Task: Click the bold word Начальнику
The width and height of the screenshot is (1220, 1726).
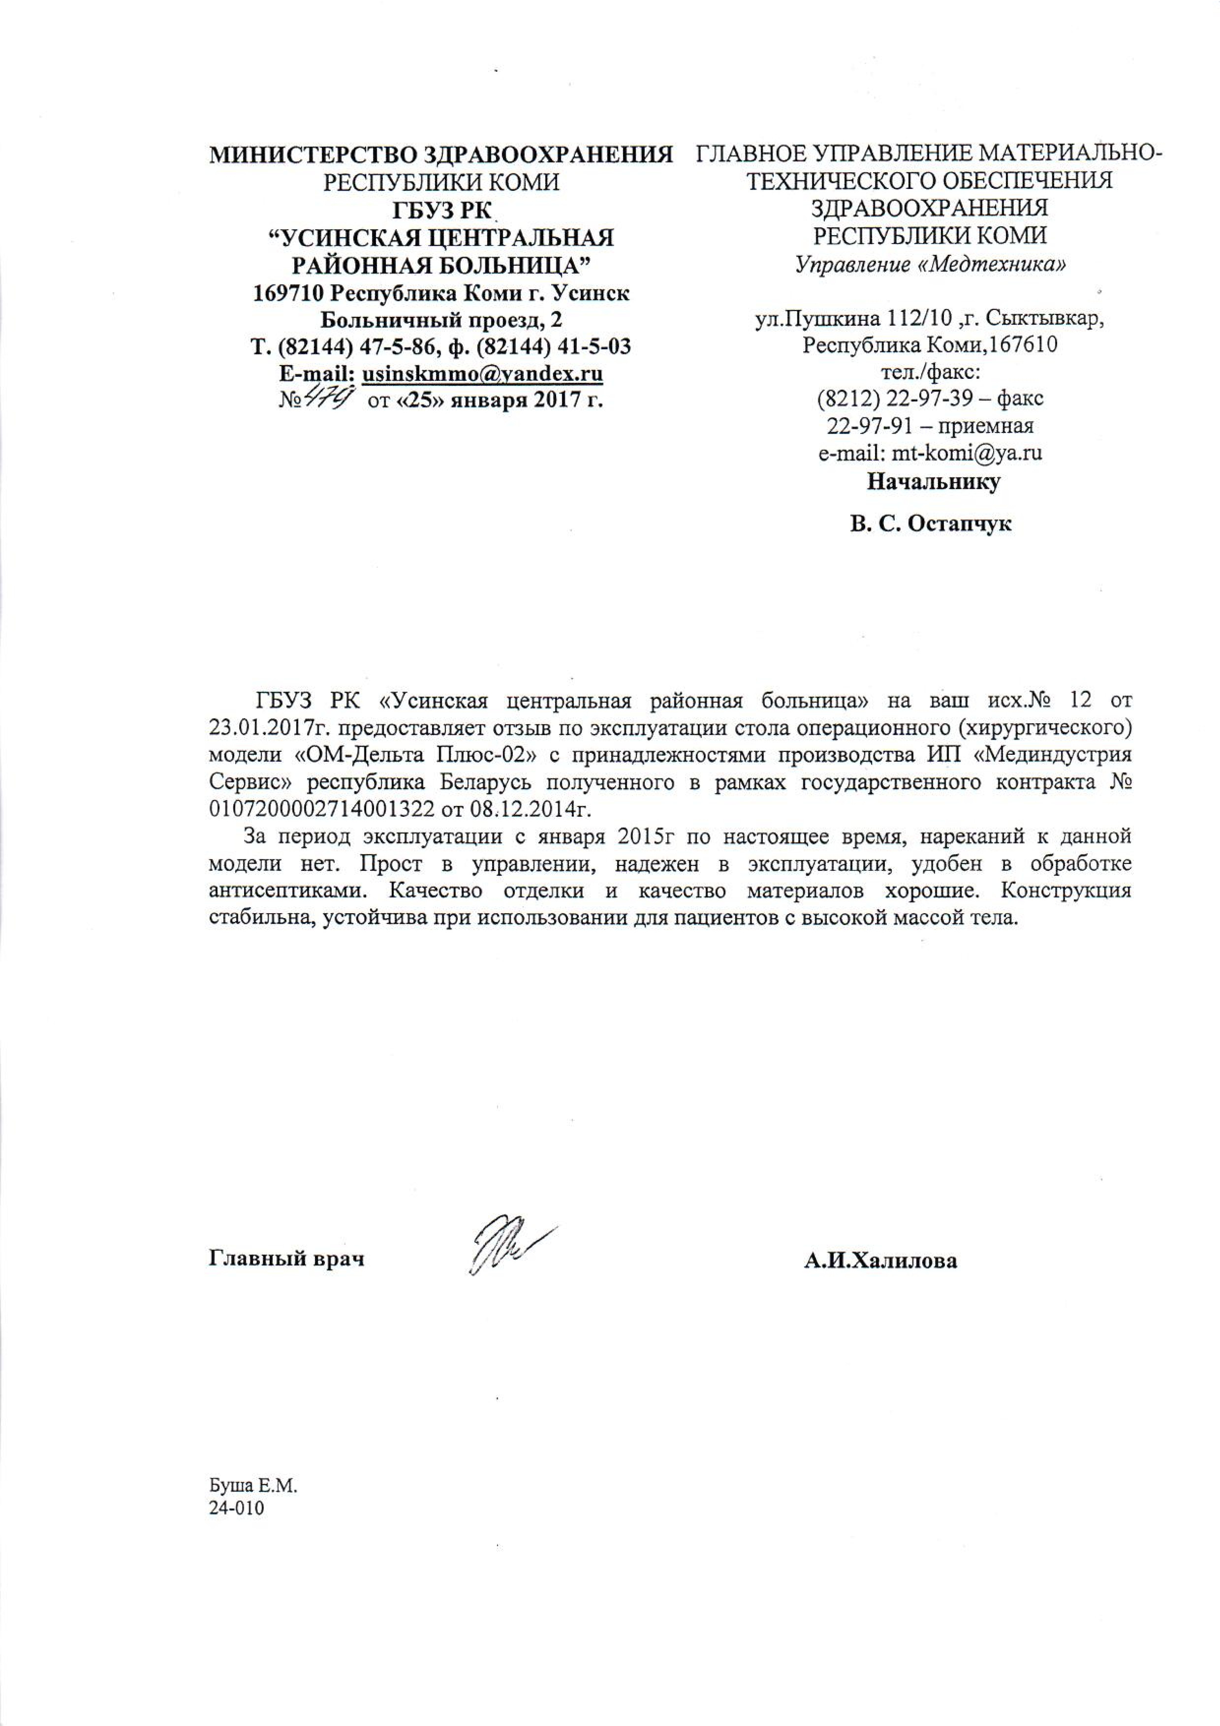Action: [934, 481]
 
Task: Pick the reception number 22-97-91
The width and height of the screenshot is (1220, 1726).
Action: [870, 426]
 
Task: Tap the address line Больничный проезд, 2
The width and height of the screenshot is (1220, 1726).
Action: [441, 319]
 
